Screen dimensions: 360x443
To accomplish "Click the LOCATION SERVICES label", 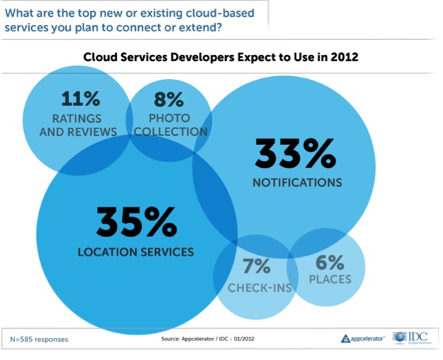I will (x=136, y=253).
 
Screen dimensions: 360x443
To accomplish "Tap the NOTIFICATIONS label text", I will (x=297, y=181).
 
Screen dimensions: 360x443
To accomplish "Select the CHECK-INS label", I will (x=259, y=288).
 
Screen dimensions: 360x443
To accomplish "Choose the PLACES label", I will (x=328, y=279).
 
